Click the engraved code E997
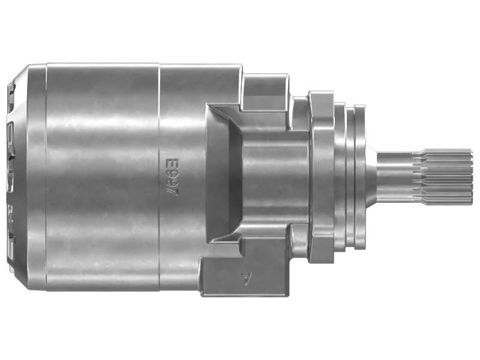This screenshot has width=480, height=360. click(172, 178)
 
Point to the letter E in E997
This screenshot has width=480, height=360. click(172, 163)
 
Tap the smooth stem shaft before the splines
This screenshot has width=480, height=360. click(395, 178)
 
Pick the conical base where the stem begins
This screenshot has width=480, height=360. click(371, 178)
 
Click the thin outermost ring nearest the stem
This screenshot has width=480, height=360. click(359, 177)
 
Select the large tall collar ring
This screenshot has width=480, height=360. click(321, 177)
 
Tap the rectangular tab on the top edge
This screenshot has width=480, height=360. click(265, 92)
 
